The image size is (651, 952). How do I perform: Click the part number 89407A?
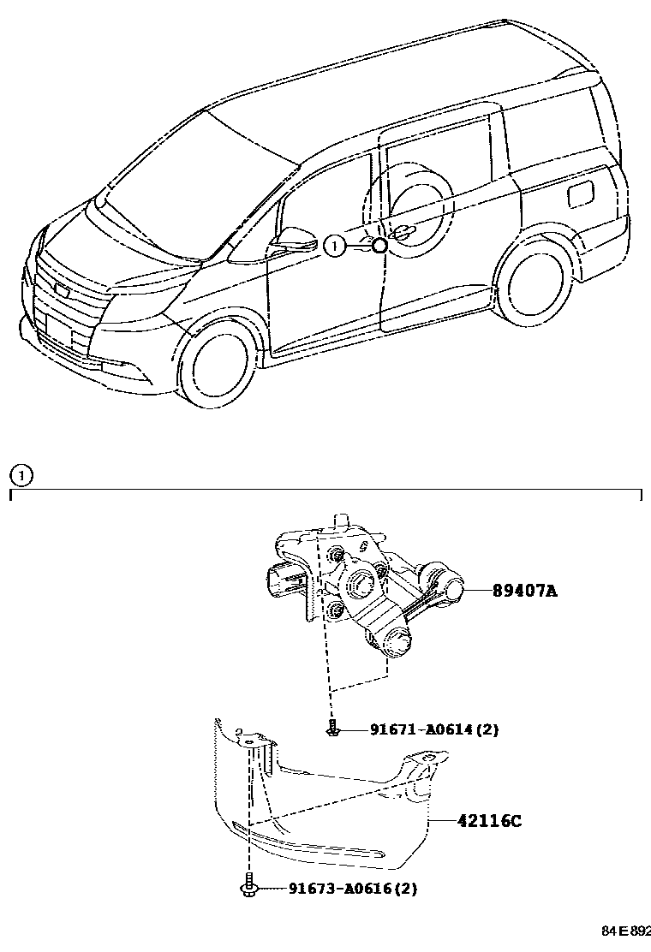pyautogui.click(x=523, y=590)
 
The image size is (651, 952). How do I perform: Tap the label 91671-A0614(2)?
pyautogui.click(x=433, y=730)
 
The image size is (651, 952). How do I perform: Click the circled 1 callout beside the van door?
pyautogui.click(x=335, y=247)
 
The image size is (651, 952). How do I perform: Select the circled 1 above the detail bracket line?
pyautogui.click(x=20, y=473)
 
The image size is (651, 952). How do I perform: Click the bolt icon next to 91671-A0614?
pyautogui.click(x=332, y=730)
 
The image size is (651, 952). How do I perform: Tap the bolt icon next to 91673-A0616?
pyautogui.click(x=249, y=888)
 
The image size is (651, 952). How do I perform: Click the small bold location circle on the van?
pyautogui.click(x=380, y=247)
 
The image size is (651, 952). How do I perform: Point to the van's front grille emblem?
pyautogui.click(x=62, y=289)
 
